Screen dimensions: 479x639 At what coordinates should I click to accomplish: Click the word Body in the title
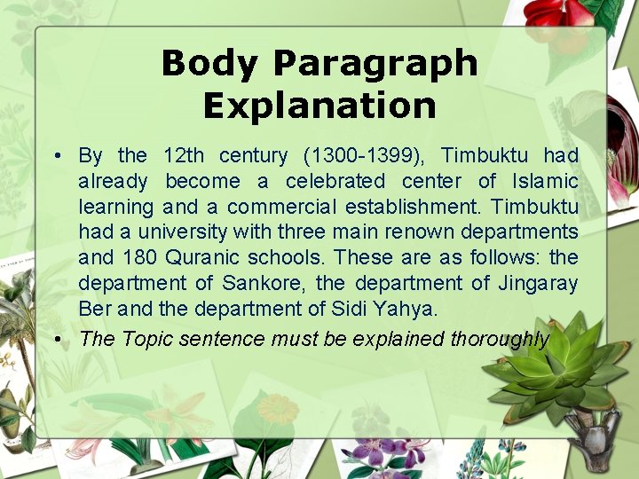[210, 63]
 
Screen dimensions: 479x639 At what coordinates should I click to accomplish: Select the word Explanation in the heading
[319, 106]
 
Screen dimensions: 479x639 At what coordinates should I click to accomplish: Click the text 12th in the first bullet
[184, 156]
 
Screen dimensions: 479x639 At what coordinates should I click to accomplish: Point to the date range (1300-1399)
[365, 156]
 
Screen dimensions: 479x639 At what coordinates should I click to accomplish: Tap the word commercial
[283, 208]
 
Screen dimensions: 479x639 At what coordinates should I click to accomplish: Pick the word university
[185, 232]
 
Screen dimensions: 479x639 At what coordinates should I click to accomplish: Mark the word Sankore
[263, 284]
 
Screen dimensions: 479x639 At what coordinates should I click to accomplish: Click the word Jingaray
[538, 284]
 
